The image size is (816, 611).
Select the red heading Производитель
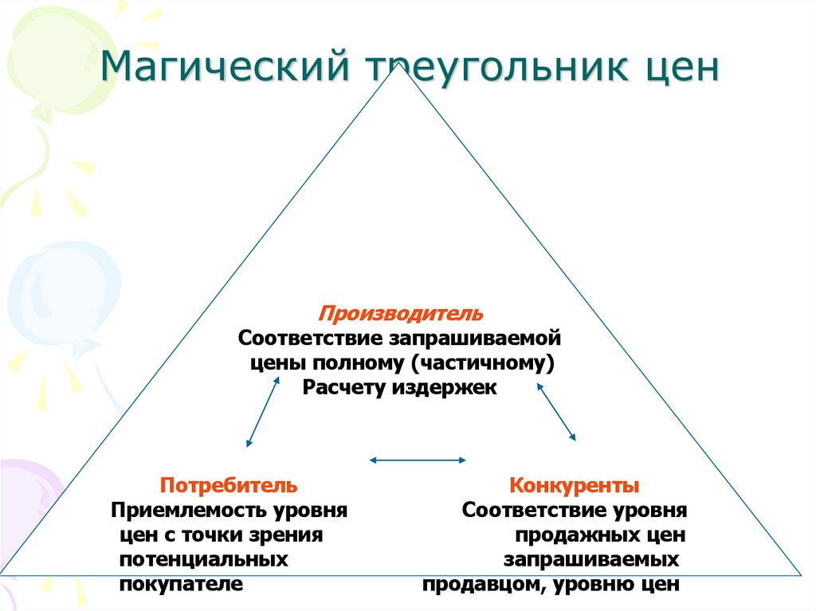pos(401,312)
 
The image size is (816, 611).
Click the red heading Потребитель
pos(229,484)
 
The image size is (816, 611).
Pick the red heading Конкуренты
pos(574,484)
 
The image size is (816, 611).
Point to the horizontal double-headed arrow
pos(418,459)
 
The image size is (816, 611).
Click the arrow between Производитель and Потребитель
pos(263,411)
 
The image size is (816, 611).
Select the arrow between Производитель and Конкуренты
pos(556,411)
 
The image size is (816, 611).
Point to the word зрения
pos(293,534)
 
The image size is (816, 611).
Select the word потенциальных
pos(203,559)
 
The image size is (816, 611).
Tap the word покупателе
pos(181,584)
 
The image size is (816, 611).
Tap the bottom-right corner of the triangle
pos(800,573)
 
